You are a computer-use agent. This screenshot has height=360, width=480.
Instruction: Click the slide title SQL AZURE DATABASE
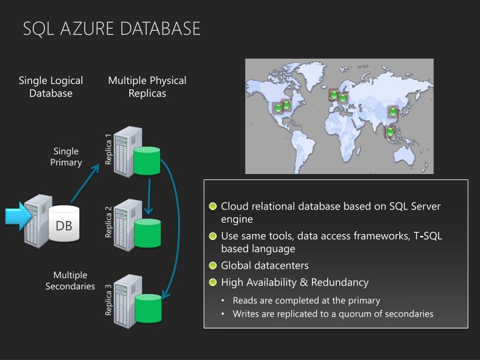(x=111, y=29)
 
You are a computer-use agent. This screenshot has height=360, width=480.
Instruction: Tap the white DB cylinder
(x=64, y=225)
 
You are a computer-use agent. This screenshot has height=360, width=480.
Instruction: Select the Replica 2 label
(x=109, y=223)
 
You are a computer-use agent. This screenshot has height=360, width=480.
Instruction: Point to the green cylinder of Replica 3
(x=148, y=308)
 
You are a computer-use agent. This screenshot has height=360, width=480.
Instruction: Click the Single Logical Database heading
(x=51, y=87)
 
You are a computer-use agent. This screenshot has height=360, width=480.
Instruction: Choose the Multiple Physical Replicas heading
(x=147, y=87)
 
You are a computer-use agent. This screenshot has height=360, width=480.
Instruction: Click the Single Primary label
(x=66, y=157)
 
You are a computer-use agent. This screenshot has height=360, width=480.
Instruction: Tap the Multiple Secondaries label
(x=70, y=281)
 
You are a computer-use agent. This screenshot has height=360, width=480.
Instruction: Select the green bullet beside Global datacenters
(x=213, y=265)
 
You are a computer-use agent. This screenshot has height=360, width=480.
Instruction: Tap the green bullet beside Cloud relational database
(x=213, y=206)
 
